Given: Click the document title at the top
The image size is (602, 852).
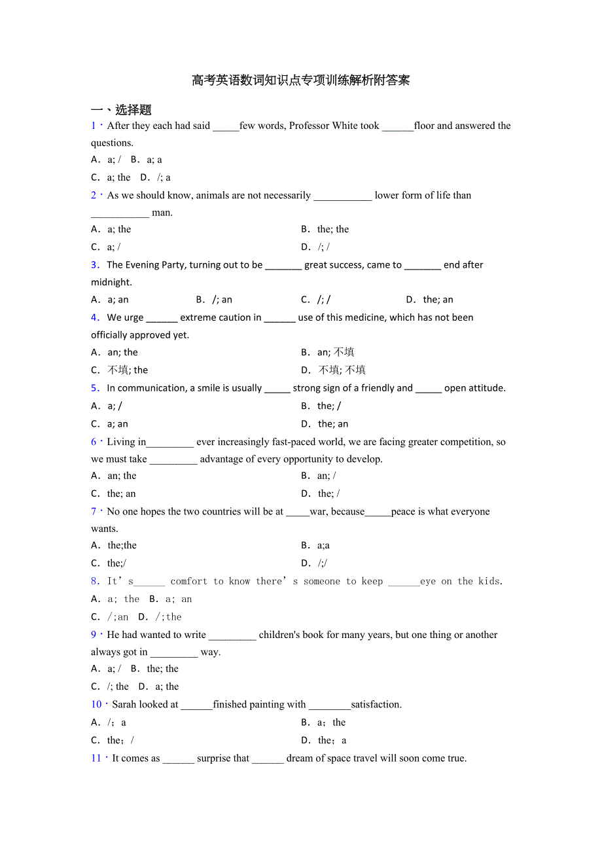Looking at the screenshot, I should [x=300, y=80].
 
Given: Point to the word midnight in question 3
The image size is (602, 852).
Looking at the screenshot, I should [x=111, y=282].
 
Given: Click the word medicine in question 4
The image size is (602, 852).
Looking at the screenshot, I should [x=366, y=317].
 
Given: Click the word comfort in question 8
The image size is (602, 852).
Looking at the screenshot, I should [x=188, y=581].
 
